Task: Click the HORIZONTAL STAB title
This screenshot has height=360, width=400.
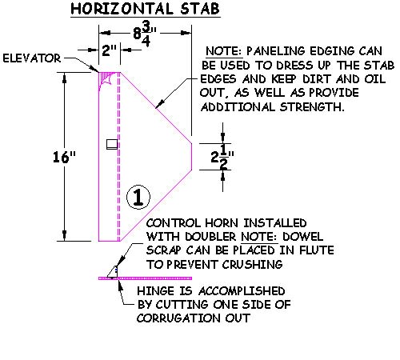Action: point(146,9)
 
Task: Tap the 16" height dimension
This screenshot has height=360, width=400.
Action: point(64,157)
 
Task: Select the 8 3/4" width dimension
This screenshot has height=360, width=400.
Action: point(145,34)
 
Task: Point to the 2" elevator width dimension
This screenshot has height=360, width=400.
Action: point(110,50)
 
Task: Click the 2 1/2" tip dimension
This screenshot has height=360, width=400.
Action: point(222,157)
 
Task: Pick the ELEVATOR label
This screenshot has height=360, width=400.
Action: point(32,58)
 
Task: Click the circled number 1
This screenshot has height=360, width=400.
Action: point(138,197)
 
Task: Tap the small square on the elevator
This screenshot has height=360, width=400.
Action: point(112,144)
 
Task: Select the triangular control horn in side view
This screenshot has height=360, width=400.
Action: point(113,272)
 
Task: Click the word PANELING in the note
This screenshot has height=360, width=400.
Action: point(272,51)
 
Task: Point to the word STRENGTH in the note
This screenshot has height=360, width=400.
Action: point(312,107)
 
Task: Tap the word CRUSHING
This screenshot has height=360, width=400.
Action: point(252,265)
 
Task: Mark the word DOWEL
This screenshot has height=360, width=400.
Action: point(302,237)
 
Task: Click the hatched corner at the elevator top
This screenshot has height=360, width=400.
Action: point(106,79)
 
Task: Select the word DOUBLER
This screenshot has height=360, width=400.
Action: point(210,237)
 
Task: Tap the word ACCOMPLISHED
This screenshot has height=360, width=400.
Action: point(242,291)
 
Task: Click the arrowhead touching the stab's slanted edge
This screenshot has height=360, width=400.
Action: point(159,104)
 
